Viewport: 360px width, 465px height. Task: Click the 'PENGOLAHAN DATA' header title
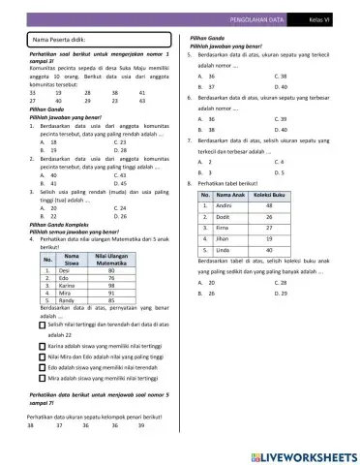259,18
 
